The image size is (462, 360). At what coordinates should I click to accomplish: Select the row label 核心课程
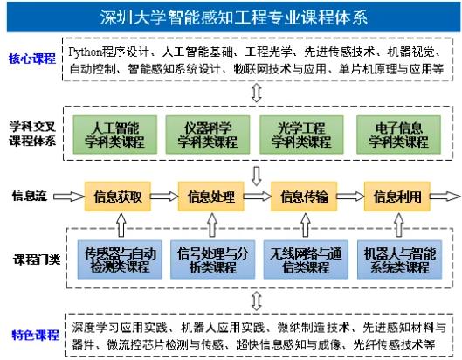[32, 59]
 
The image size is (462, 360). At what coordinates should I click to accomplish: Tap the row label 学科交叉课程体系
[32, 135]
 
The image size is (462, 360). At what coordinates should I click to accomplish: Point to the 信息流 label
[30, 196]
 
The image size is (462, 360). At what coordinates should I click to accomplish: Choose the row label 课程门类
[37, 260]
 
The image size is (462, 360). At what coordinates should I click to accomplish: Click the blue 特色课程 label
[35, 336]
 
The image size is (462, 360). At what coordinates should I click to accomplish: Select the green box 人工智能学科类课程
[115, 135]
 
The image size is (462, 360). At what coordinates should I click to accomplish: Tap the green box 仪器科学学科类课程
[208, 135]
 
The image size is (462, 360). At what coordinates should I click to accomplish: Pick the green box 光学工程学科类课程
[301, 135]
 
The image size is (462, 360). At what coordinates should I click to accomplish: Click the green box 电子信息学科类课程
[398, 135]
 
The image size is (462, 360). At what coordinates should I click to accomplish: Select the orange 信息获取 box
[118, 197]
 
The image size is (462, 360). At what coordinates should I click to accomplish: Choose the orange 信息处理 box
[211, 197]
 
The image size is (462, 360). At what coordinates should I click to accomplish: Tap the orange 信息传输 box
[304, 197]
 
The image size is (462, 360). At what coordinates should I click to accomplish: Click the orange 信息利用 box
[397, 197]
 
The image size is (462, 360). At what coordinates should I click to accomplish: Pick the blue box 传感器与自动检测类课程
[120, 260]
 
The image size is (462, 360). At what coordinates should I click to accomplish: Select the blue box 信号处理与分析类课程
[213, 260]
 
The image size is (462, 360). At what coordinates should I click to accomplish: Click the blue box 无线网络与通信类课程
[306, 260]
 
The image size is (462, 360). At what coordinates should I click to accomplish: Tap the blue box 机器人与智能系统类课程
[399, 260]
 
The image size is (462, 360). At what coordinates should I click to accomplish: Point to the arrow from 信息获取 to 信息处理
[164, 197]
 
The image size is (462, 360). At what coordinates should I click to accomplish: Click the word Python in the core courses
[86, 52]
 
